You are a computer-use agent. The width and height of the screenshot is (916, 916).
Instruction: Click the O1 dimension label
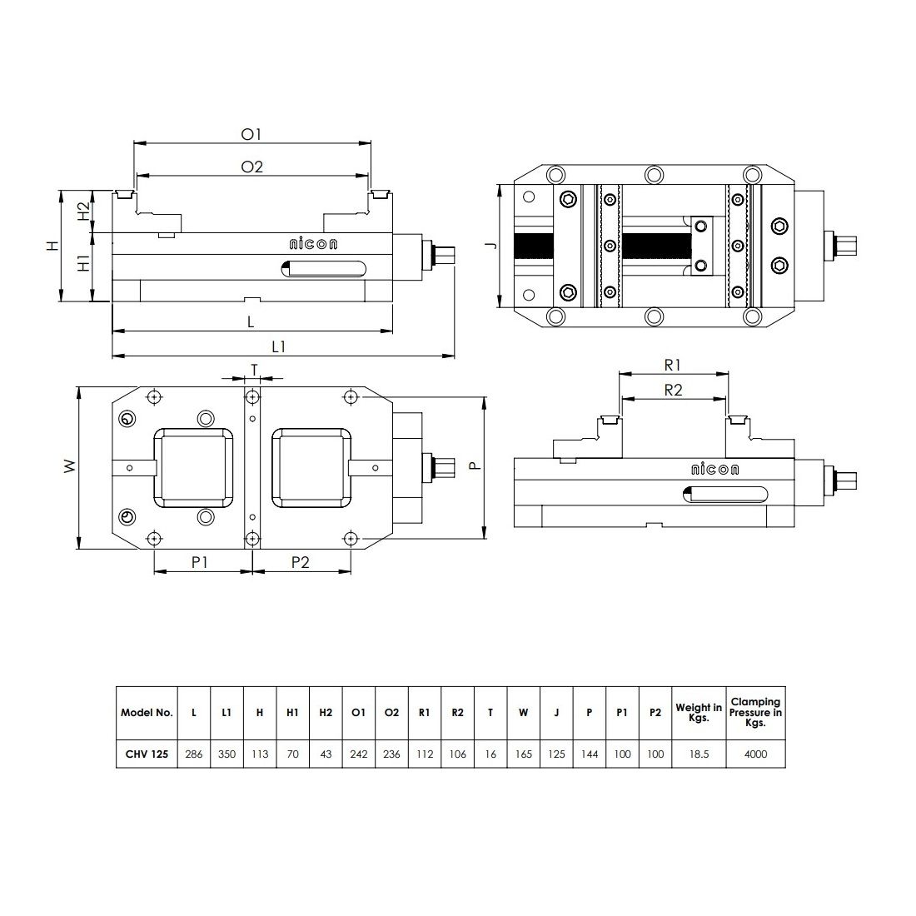(251, 134)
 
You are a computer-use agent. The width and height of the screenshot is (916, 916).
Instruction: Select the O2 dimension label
(251, 167)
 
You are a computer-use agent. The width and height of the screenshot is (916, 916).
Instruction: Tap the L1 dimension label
(278, 347)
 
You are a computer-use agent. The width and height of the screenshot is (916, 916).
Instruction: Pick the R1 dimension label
(673, 365)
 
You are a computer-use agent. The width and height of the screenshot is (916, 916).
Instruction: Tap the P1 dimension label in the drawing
(200, 562)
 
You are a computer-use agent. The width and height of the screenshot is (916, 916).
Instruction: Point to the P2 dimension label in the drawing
(301, 562)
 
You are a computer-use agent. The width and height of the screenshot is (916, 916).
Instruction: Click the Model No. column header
(147, 713)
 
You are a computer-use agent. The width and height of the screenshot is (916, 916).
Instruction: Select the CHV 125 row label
(147, 754)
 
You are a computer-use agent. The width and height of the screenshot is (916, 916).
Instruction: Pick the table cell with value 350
(227, 754)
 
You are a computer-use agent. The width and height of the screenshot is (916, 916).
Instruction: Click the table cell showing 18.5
(699, 754)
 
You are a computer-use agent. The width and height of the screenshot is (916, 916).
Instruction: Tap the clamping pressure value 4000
(755, 754)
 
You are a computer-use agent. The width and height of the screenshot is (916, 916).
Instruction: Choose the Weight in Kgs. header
(699, 713)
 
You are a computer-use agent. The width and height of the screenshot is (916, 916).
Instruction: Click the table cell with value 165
(523, 754)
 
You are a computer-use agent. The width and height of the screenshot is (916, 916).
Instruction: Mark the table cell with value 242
(359, 754)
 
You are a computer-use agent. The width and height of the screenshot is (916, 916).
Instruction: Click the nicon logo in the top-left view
(312, 244)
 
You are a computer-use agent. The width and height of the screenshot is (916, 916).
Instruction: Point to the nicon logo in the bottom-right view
(714, 470)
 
